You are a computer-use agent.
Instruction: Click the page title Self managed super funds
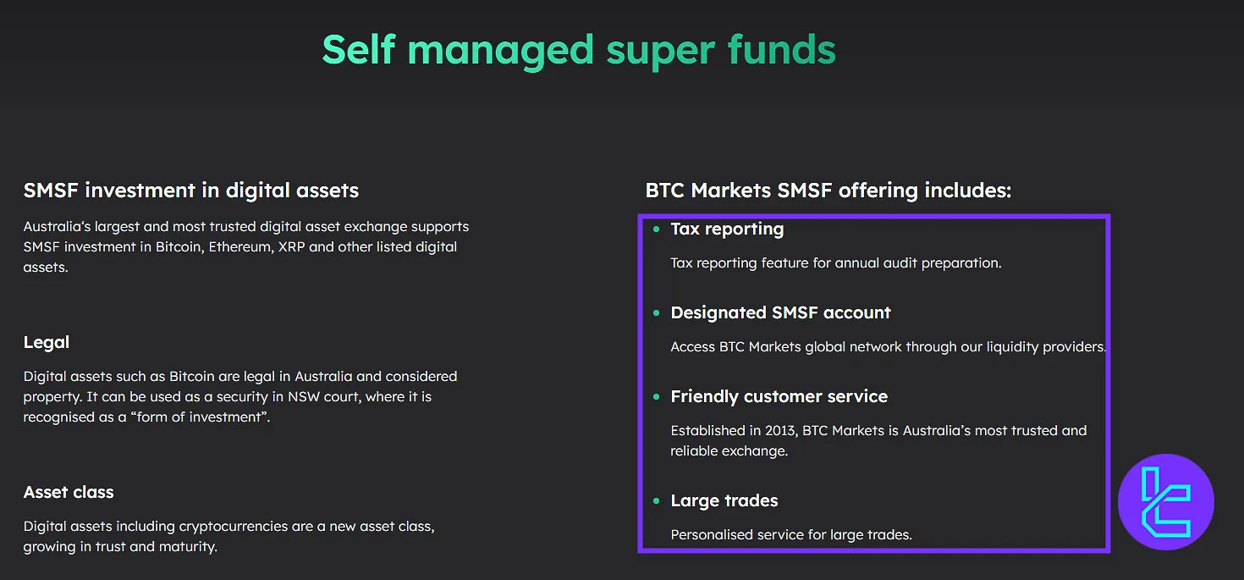pyautogui.click(x=579, y=50)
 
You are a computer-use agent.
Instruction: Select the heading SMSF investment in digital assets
pyautogui.click(x=191, y=191)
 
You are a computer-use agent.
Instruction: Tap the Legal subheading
pyautogui.click(x=47, y=342)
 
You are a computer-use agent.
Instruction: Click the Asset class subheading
pyautogui.click(x=69, y=492)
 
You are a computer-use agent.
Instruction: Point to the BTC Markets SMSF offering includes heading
pyautogui.click(x=828, y=191)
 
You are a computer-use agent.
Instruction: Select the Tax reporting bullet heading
pyautogui.click(x=727, y=229)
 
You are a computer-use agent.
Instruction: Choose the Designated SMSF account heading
pyautogui.click(x=780, y=312)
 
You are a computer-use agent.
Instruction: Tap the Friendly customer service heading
pyautogui.click(x=779, y=396)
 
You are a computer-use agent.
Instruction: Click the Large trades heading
pyautogui.click(x=724, y=500)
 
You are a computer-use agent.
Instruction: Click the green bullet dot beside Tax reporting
pyautogui.click(x=656, y=229)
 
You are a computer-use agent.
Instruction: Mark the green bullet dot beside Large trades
pyautogui.click(x=656, y=501)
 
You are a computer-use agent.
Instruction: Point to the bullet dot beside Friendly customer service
pyautogui.click(x=656, y=397)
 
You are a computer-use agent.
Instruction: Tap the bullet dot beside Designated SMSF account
pyautogui.click(x=656, y=313)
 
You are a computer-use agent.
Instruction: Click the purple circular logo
pyautogui.click(x=1165, y=502)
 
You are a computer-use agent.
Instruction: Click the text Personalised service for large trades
pyautogui.click(x=791, y=534)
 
